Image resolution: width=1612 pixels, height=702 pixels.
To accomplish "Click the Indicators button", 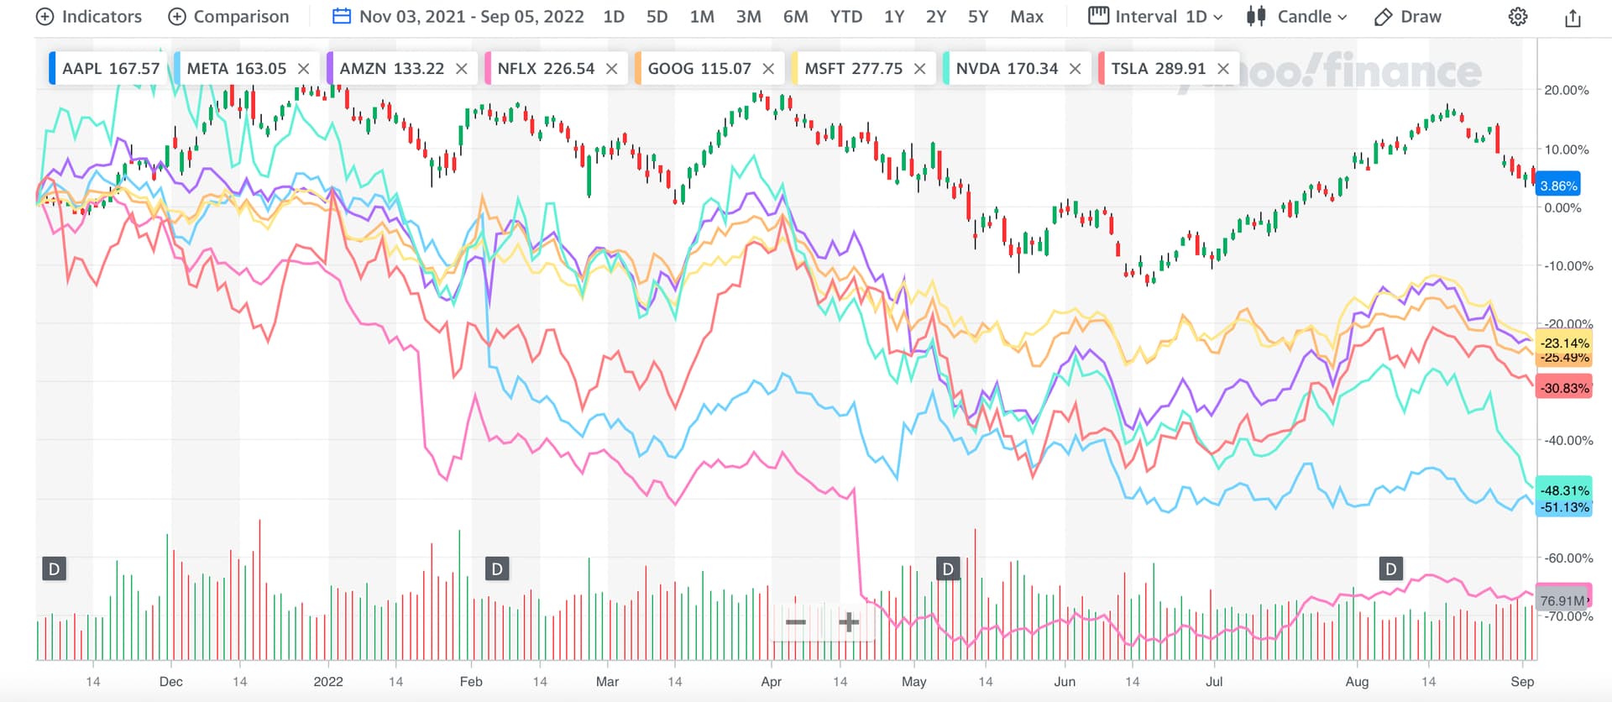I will click(x=90, y=17).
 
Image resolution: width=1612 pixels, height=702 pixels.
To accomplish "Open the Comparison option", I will click(x=228, y=17).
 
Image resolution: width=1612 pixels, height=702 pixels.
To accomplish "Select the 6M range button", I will click(x=795, y=17).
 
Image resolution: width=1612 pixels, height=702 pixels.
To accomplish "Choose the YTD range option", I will click(x=845, y=17).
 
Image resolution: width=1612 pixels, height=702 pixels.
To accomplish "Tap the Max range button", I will click(x=1026, y=17).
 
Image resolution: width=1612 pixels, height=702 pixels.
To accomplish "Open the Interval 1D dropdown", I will click(x=1156, y=17).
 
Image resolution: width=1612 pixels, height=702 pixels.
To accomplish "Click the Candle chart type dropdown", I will click(x=1297, y=17).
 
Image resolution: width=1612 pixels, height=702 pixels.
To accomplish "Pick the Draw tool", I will click(x=1408, y=17).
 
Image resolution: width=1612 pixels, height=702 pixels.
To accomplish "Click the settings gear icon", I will click(x=1518, y=17).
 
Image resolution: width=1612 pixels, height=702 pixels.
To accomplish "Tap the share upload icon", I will click(x=1573, y=18).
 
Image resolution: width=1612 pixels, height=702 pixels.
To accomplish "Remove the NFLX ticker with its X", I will click(x=611, y=69).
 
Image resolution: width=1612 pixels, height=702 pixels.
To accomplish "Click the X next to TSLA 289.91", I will click(x=1223, y=69).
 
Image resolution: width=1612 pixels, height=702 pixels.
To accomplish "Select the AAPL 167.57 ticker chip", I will click(x=110, y=69).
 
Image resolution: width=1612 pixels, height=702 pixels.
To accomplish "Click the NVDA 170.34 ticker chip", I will click(x=1007, y=69).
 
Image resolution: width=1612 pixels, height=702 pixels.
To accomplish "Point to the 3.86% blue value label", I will click(x=1558, y=186).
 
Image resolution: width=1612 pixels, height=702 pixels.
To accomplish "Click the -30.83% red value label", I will click(x=1564, y=388).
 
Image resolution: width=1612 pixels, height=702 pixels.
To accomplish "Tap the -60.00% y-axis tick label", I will click(x=1568, y=558).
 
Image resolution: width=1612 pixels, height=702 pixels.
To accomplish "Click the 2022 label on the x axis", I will click(x=328, y=682).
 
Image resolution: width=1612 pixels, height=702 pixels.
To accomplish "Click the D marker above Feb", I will click(x=497, y=569).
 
